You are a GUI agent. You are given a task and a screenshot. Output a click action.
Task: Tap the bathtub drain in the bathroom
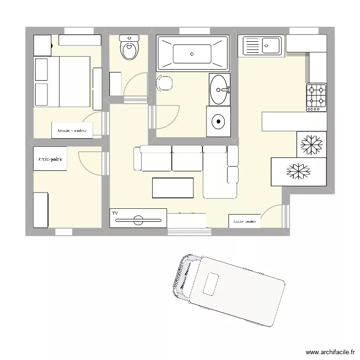coord(192,54)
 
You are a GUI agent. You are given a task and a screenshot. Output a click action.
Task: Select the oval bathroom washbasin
coord(219,89)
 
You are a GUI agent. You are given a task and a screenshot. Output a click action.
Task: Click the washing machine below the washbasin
coord(218,121)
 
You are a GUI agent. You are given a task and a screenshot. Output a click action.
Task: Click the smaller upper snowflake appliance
coord(312,144)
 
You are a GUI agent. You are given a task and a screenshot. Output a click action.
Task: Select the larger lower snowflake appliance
coord(299,171)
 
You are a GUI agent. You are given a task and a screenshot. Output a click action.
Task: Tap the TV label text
coord(115,213)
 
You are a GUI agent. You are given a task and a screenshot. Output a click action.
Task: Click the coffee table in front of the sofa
coord(173,188)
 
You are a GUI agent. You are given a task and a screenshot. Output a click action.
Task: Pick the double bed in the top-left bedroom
coord(61,82)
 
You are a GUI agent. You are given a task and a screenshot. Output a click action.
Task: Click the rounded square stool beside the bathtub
coord(164,83)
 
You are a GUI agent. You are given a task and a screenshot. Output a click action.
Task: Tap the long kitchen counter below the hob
coord(294,121)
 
